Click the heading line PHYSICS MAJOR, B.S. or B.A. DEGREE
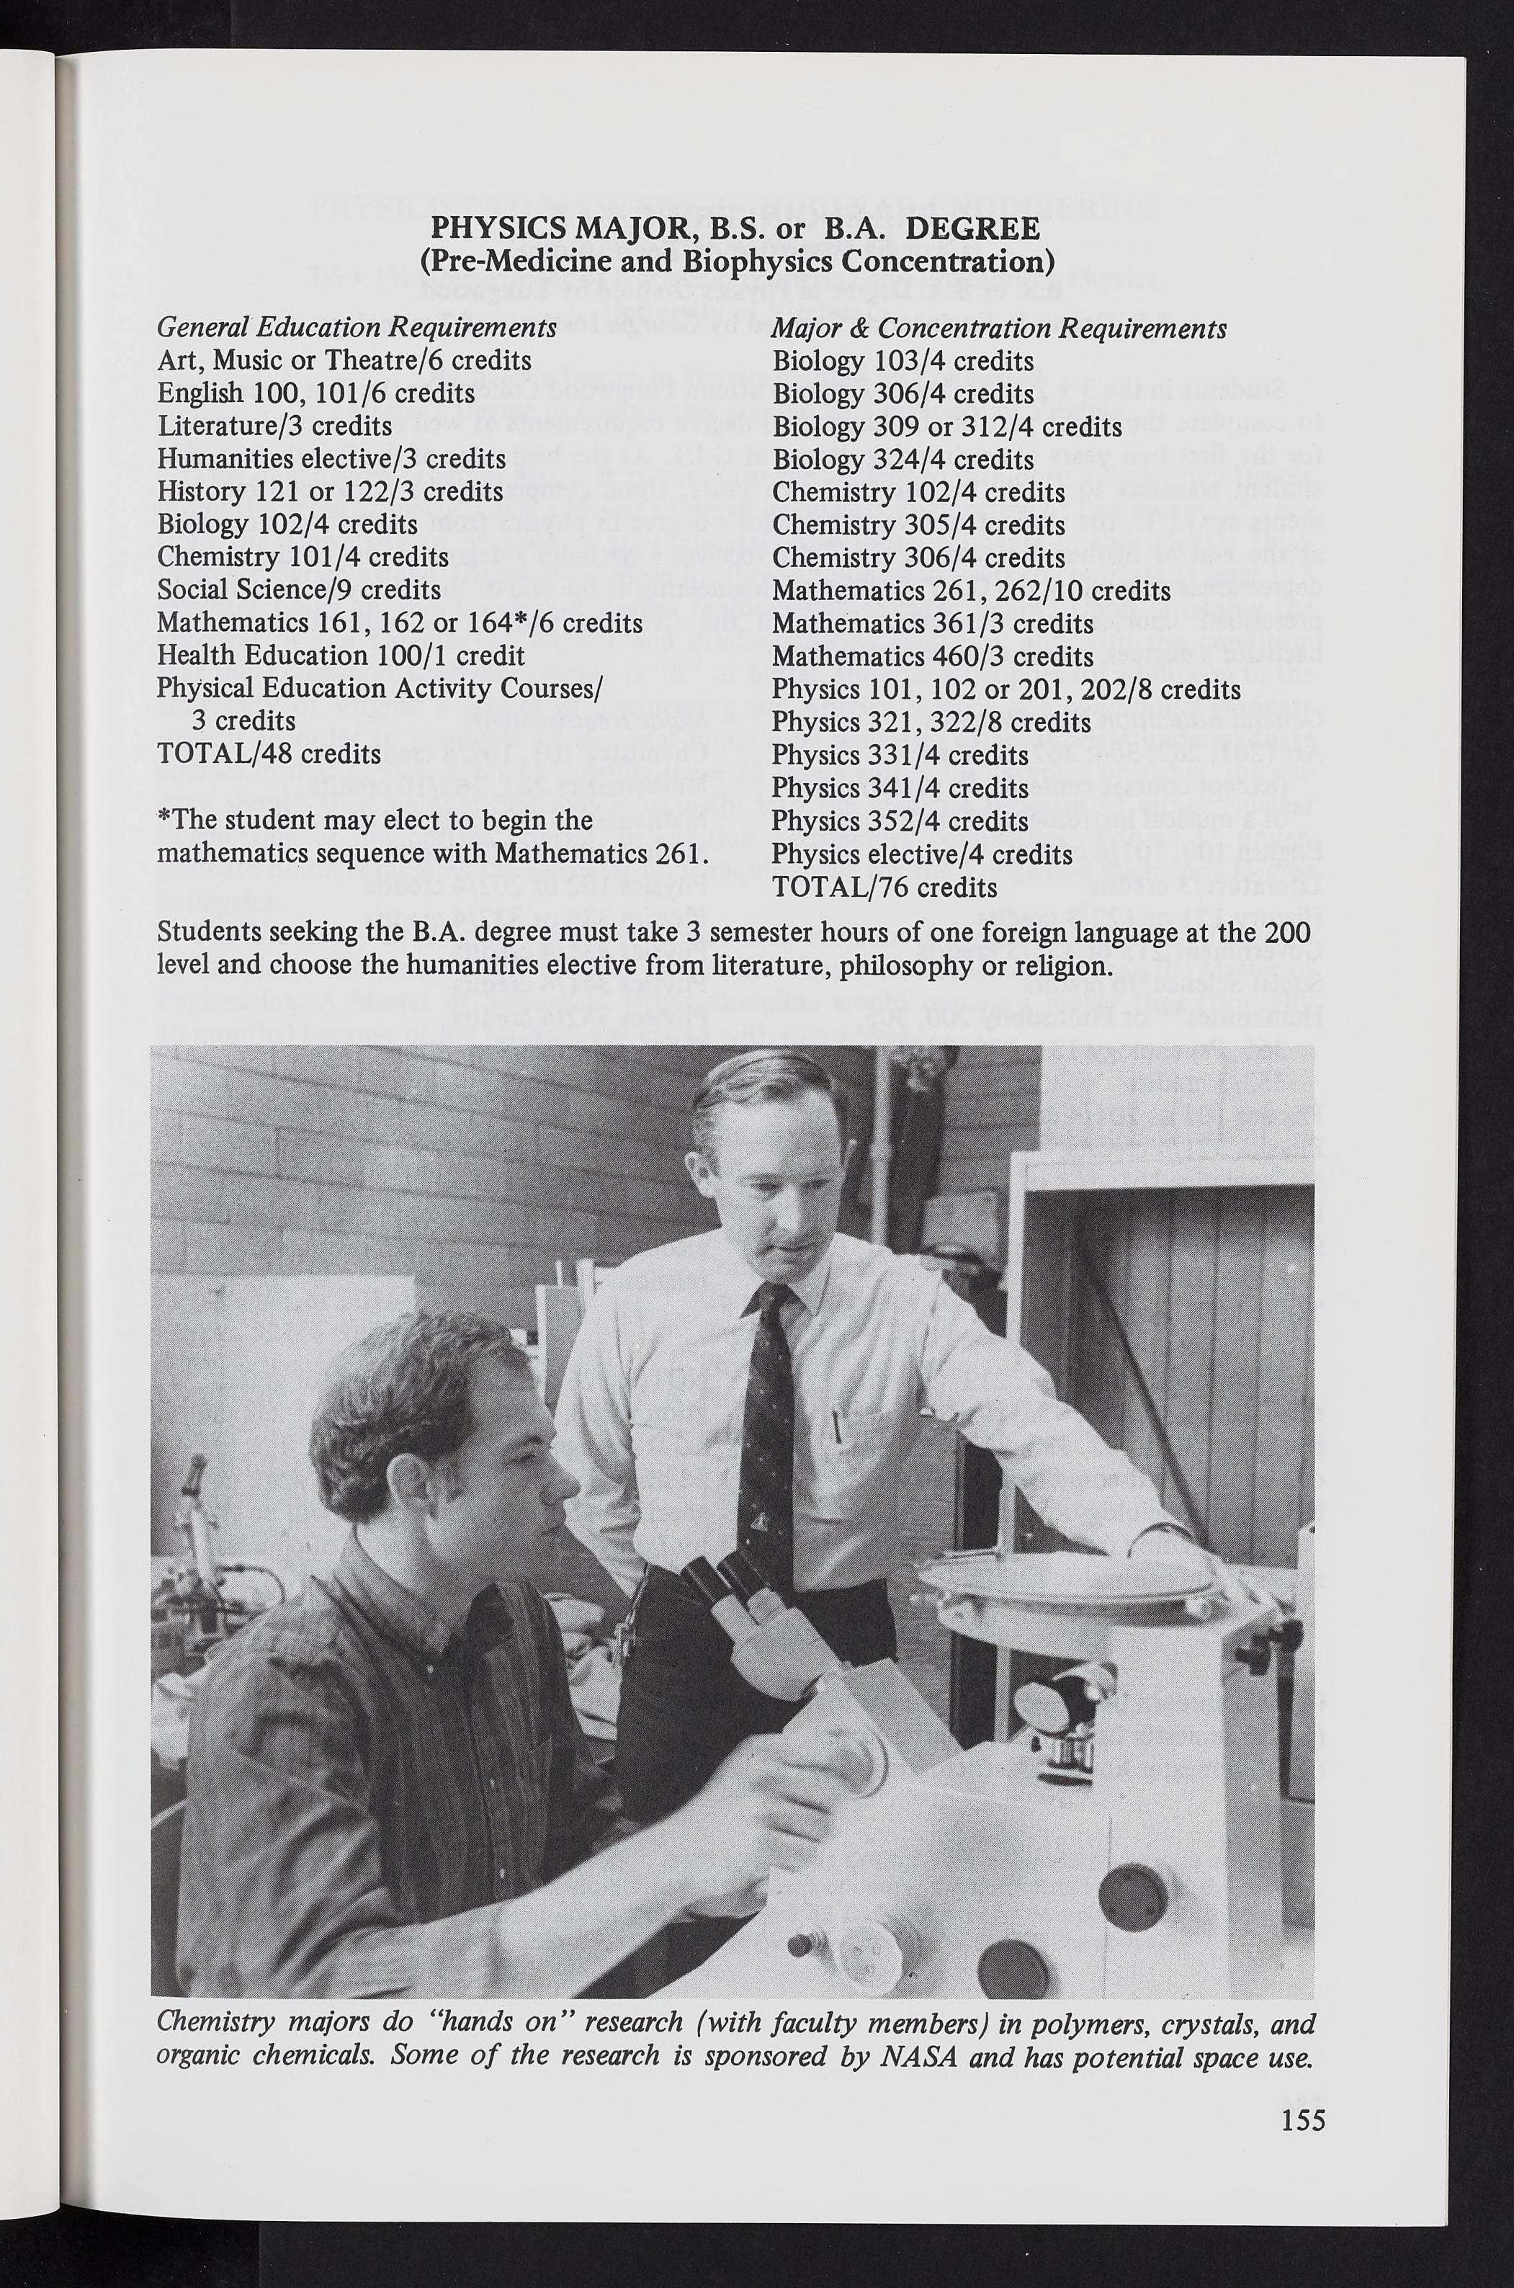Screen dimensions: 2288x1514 point(735,229)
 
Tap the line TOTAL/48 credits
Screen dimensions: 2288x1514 point(269,754)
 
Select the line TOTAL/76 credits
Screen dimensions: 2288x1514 point(884,887)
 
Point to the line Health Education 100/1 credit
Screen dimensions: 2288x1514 point(341,656)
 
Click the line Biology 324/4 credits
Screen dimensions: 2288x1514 point(902,459)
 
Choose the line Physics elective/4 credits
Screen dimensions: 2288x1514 point(922,854)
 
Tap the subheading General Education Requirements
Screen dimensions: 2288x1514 point(357,329)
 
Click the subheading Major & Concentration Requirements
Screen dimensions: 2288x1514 point(999,329)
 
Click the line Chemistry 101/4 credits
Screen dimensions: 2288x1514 point(303,558)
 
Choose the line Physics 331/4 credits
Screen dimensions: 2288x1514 point(900,755)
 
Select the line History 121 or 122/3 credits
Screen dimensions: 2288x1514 point(329,491)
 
